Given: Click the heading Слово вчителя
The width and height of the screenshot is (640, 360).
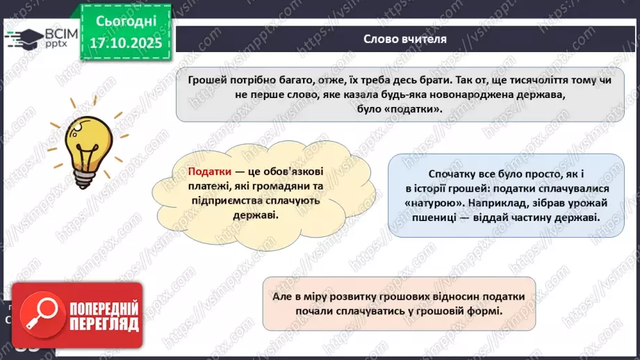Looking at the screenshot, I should [404, 39].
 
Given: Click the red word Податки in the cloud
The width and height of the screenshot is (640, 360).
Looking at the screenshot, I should [209, 172].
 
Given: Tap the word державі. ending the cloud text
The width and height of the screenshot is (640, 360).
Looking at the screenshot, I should [256, 215].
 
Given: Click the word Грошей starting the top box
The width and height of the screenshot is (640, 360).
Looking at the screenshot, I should [206, 79].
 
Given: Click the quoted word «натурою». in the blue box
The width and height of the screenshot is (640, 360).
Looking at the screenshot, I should [435, 203].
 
